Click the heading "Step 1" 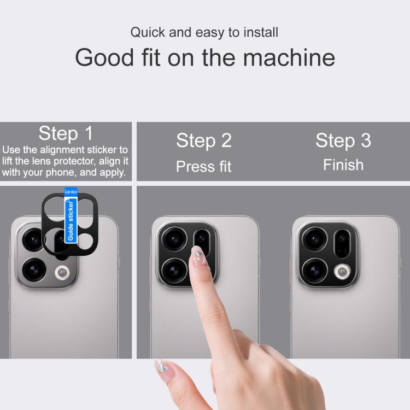pos(66,133)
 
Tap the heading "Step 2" pos(204,140)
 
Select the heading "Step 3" pos(343,140)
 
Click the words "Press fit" pos(204,167)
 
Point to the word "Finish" pos(343,165)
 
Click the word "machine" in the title pos(289,57)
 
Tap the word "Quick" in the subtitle pos(148,33)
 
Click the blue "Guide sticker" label pos(71,215)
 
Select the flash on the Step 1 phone pos(62,273)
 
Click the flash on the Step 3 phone pos(342,272)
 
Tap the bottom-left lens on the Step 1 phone pos(34,270)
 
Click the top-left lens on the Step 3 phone pos(314,239)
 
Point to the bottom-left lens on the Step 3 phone pos(314,271)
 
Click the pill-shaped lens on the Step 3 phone pos(342,243)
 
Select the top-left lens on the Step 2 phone pos(174,239)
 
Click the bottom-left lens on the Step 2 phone pos(174,271)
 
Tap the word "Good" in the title pos(104,57)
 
